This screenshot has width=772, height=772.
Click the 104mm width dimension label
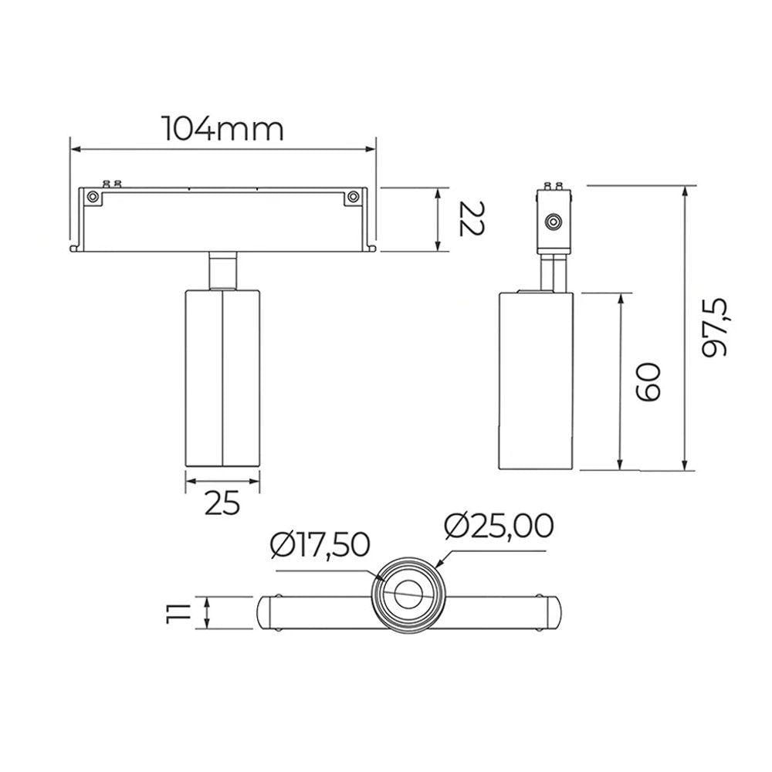(x=223, y=129)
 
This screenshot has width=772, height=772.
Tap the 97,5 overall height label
(x=714, y=327)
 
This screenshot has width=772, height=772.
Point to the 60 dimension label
(x=648, y=382)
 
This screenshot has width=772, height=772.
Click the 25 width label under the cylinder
(x=222, y=503)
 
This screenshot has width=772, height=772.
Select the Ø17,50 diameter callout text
(x=320, y=546)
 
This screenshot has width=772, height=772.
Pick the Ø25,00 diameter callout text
(x=499, y=526)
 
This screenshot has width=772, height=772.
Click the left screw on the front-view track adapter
(x=92, y=197)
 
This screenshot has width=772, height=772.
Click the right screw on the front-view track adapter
(x=353, y=197)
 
